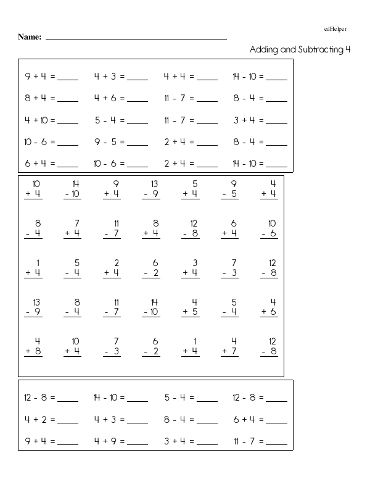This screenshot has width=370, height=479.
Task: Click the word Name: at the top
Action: tap(30, 37)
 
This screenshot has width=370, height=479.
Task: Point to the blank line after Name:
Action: tap(136, 38)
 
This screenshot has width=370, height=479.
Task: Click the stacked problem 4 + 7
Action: tap(229, 346)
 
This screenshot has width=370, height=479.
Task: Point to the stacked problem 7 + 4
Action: tap(72, 228)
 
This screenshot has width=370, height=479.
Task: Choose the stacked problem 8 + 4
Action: tap(151, 228)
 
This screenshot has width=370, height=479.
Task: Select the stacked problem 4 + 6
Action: tap(269, 307)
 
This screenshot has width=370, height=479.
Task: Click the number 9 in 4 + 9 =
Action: tap(114, 441)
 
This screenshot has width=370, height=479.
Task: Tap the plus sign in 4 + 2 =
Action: tap(36, 420)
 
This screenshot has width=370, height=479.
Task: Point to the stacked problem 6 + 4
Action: tap(229, 228)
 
